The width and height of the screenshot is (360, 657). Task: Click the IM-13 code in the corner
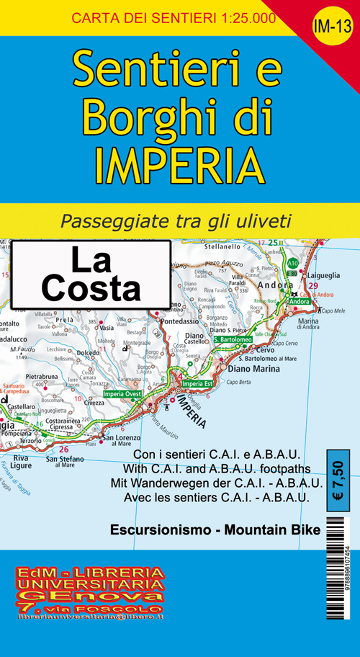point(332,27)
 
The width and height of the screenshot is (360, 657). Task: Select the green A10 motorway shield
point(292,264)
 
